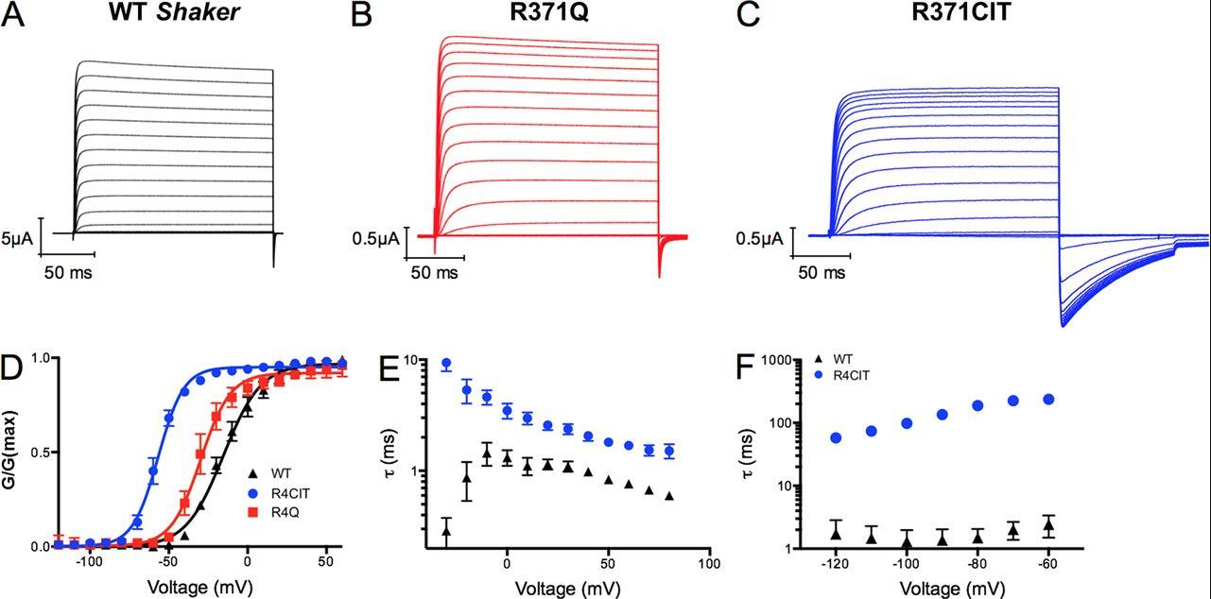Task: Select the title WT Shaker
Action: click(179, 16)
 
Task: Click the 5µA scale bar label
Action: click(18, 240)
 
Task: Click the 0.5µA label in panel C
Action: click(760, 240)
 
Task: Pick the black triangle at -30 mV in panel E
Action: click(446, 531)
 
